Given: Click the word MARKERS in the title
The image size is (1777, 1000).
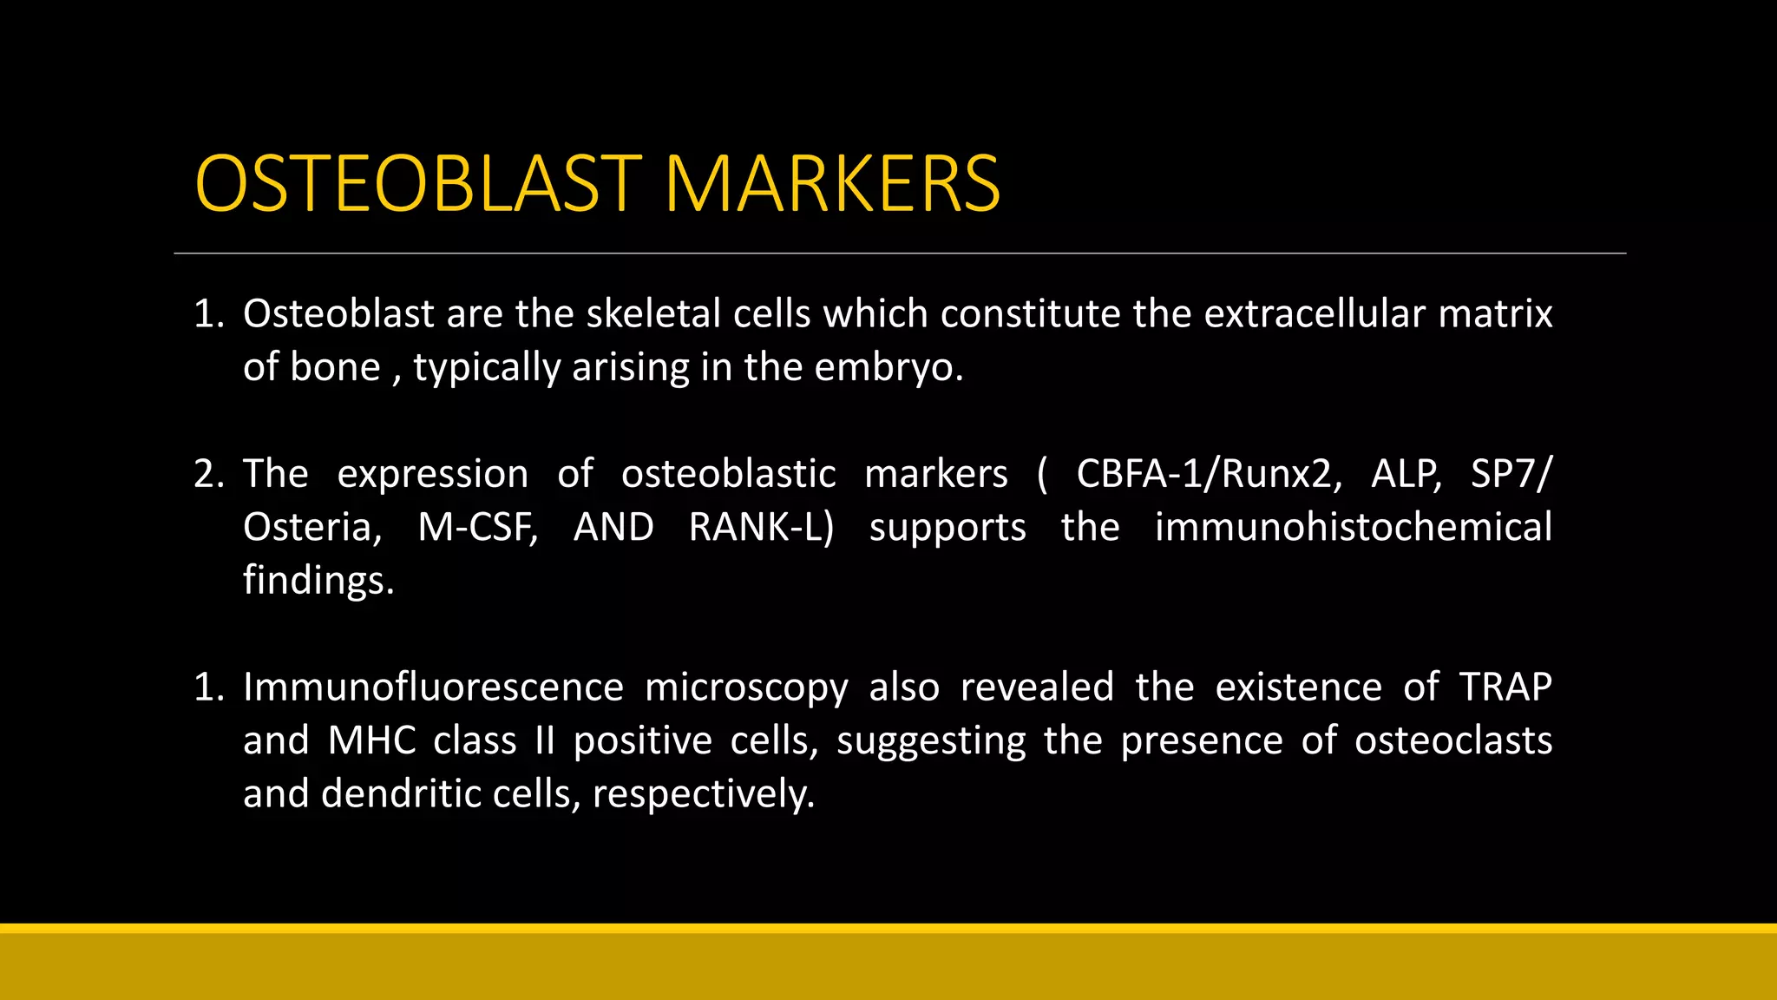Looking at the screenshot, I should click(x=832, y=184).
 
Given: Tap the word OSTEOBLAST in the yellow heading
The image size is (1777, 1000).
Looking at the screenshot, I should click(x=418, y=184).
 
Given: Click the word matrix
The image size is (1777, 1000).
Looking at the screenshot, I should click(x=1495, y=313).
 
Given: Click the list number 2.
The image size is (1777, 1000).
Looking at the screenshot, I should click(x=207, y=474).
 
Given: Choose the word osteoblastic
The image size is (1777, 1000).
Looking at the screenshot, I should click(x=728, y=474).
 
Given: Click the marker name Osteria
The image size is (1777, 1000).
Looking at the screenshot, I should click(x=311, y=528).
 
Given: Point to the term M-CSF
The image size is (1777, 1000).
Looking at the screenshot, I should click(x=477, y=528).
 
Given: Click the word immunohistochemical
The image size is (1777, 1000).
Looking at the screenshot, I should click(x=1353, y=528).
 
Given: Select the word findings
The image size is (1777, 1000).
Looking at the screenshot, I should click(x=318, y=581).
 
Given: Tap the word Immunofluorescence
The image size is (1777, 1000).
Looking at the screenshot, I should click(x=433, y=687).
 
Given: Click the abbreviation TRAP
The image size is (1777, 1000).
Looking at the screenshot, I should click(x=1505, y=687).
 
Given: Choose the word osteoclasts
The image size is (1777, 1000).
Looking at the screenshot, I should click(x=1452, y=741).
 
